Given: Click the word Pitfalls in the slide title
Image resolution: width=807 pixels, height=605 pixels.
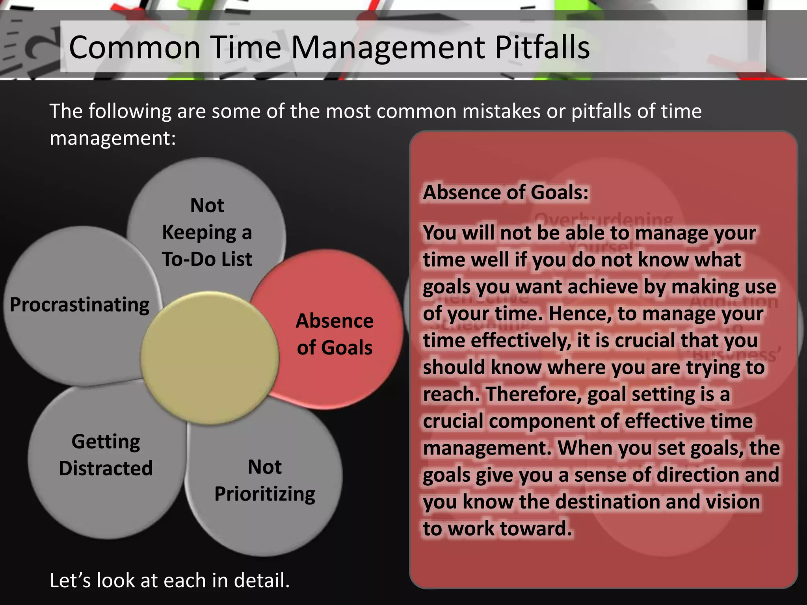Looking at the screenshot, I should [x=542, y=47].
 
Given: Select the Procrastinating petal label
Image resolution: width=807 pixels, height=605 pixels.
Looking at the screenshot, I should [x=80, y=304].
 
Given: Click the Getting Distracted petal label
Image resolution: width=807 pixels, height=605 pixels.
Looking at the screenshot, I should [x=106, y=455].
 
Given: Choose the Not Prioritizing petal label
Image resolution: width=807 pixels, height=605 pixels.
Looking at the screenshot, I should [x=265, y=480].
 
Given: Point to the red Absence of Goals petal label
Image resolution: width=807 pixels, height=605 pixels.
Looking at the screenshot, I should [x=335, y=334].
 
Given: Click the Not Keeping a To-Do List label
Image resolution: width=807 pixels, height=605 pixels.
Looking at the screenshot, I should [x=207, y=232].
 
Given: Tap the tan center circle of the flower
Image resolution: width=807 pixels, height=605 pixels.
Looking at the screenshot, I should [x=210, y=358].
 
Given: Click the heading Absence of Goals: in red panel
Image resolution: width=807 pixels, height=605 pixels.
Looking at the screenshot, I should [x=506, y=193].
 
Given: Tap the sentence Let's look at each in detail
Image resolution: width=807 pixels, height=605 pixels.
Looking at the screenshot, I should [x=169, y=580].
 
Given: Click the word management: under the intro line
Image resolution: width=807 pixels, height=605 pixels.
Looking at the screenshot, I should [x=113, y=138].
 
